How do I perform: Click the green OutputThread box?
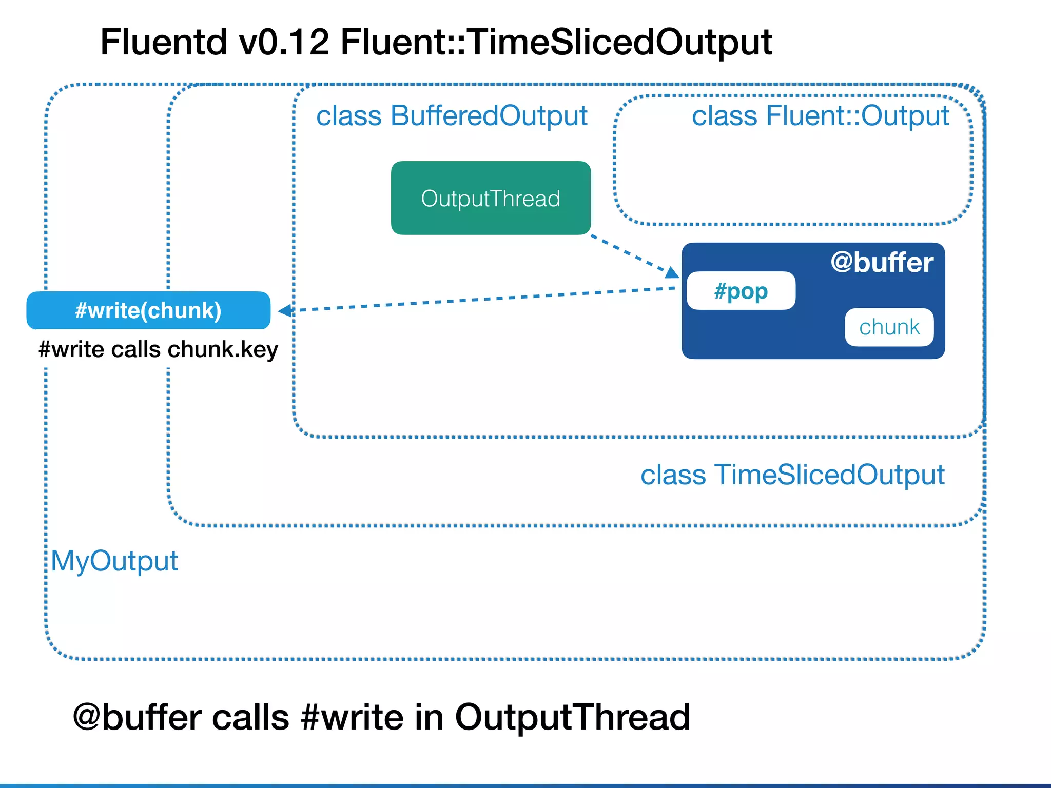tap(491, 198)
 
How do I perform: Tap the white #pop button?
tap(741, 291)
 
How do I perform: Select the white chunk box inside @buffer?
tap(889, 327)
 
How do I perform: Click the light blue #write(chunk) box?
tap(148, 310)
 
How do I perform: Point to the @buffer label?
tap(882, 262)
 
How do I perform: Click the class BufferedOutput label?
tap(452, 116)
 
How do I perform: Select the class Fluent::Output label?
tap(820, 116)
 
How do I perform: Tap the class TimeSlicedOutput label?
tap(792, 475)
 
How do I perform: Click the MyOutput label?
tap(114, 560)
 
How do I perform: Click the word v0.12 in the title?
tap(284, 42)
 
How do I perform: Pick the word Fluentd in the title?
tap(163, 42)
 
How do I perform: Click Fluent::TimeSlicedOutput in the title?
tap(556, 42)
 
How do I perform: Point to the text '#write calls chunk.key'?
tap(158, 349)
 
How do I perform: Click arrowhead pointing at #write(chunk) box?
tap(285, 310)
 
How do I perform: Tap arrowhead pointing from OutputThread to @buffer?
tap(672, 272)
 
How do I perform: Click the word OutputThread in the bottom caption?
tap(572, 717)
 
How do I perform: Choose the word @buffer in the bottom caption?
tap(137, 717)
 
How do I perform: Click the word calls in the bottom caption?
tap(250, 717)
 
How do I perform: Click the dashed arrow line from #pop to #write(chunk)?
tap(482, 299)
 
